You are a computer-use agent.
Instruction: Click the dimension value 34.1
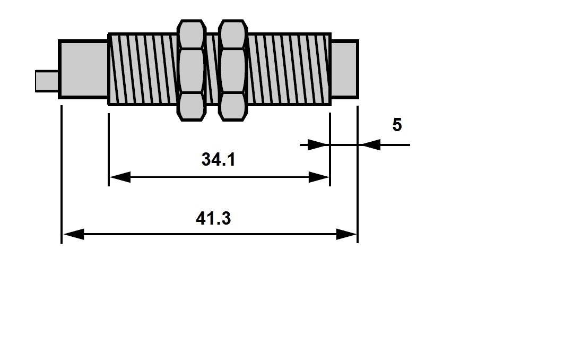[218, 160]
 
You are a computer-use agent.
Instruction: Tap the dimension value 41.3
[213, 219]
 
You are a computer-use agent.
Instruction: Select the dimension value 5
[397, 125]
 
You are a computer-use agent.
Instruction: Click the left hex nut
[191, 70]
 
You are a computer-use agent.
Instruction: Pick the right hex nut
[233, 70]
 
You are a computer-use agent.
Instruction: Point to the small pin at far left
[47, 81]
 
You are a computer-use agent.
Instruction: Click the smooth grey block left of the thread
[83, 69]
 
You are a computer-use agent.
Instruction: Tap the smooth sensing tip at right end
[344, 69]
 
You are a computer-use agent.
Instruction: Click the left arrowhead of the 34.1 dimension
[120, 177]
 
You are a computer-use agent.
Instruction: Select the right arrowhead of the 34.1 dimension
[319, 177]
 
